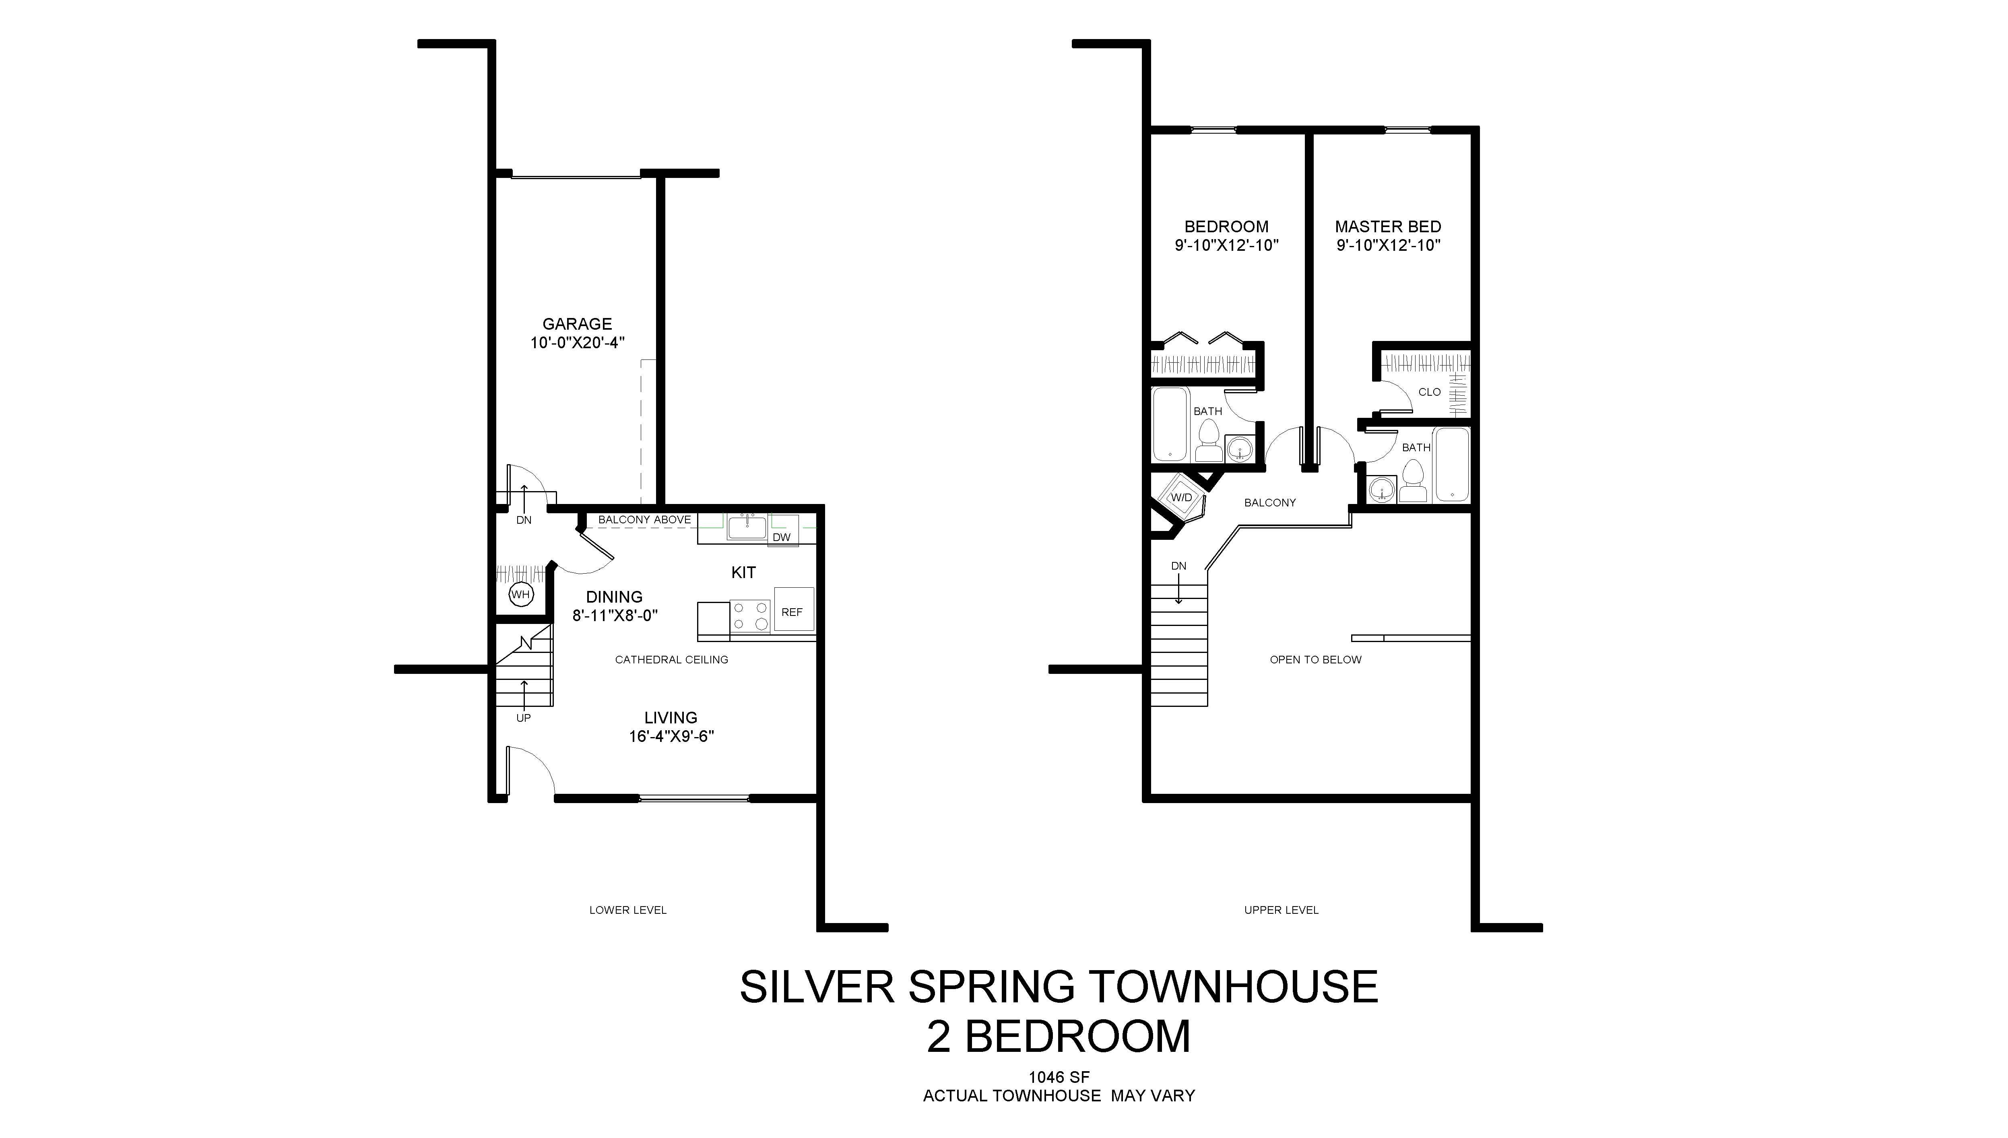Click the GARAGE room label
578,324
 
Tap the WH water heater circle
520,595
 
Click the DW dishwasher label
781,537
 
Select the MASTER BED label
1388,227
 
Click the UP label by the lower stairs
524,717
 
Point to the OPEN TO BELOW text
1316,660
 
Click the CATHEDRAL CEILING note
672,660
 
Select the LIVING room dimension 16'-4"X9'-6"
672,736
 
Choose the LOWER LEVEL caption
628,910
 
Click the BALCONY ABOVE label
645,520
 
